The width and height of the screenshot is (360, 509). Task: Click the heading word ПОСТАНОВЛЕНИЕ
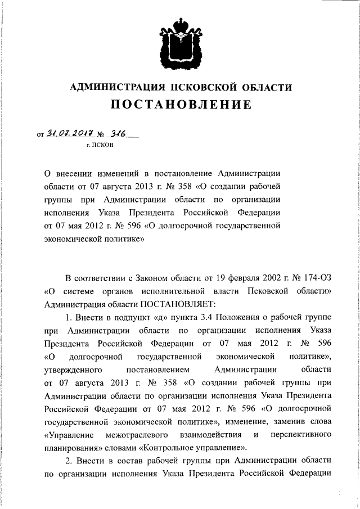coord(180,105)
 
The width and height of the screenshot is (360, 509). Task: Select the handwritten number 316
coord(118,134)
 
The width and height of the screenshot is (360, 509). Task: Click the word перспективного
coord(300,435)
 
